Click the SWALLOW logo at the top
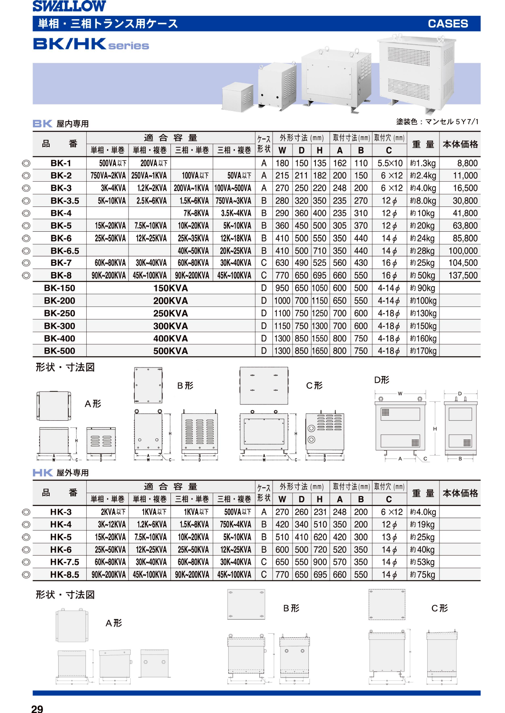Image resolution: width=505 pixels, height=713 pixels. pos(69,7)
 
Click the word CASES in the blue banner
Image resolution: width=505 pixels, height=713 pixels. pos(448,24)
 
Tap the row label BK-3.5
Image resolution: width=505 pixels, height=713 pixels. pos(65,201)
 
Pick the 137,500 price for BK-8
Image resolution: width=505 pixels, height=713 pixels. pos(463,276)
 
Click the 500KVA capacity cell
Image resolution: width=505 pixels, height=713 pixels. pos(171,351)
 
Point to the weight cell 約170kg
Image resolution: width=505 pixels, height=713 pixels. pos(423,351)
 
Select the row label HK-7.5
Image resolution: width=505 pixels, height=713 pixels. pos(65,562)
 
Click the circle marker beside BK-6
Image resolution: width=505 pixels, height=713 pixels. pos(26,239)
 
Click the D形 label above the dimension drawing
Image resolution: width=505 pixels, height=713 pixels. pos(382,380)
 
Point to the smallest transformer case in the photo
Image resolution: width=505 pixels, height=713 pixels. pos(238,97)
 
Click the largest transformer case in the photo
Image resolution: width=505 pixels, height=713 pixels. pos(417,73)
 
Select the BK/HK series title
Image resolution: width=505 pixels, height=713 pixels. pos(91,44)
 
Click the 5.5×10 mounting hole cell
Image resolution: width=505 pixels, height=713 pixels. pos(389,163)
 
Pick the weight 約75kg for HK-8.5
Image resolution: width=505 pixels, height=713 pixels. pos(423,575)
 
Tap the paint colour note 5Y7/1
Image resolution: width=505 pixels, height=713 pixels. pos(467,122)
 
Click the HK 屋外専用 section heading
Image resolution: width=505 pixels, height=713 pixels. pos(61,473)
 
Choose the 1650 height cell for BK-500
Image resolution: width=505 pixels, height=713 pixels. pos(319,351)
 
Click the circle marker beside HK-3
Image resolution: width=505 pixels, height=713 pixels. pos(26,512)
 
